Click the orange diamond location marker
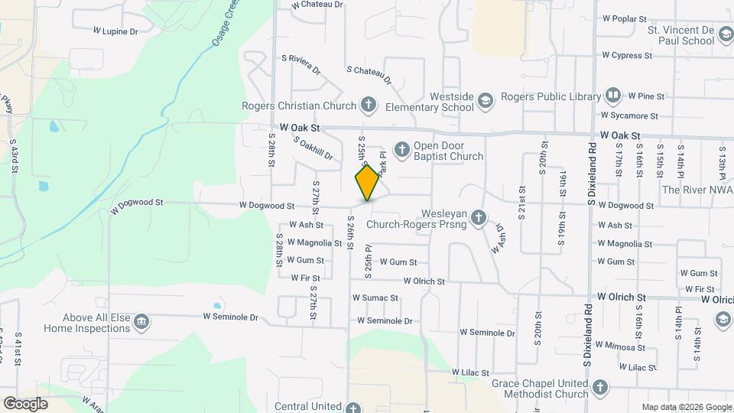[368, 183]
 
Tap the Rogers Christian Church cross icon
[369, 105]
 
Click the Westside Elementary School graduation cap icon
[486, 100]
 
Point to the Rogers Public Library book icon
[613, 96]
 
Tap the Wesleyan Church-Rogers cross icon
[479, 218]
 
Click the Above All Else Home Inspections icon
[141, 322]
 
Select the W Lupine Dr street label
[115, 31]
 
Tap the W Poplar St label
[625, 18]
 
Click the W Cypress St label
[626, 55]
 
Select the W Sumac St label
[375, 298]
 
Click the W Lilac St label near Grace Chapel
[469, 372]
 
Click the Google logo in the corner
[25, 403]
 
